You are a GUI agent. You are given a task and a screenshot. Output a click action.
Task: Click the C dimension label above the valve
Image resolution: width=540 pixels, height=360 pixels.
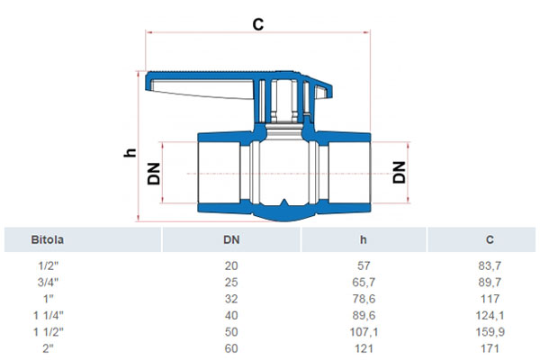coord(258,24)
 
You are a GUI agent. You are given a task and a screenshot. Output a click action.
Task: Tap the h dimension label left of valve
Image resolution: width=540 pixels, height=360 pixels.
coord(130,152)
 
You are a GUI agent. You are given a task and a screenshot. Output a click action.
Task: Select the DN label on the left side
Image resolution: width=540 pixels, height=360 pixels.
coord(154,174)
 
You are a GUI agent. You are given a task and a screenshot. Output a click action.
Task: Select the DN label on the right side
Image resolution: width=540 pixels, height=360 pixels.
coord(400,172)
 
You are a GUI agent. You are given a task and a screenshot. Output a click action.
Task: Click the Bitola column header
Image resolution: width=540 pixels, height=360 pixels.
coord(48,239)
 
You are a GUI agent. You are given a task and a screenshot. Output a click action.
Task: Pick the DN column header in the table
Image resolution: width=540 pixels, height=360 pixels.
coord(231,239)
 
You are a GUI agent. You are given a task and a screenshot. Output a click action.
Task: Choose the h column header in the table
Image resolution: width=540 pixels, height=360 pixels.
coord(364,239)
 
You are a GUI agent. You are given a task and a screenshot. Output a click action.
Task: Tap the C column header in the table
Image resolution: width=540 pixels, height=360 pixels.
coord(490,239)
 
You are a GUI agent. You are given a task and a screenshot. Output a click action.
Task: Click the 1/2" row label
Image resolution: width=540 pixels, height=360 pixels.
coord(48,265)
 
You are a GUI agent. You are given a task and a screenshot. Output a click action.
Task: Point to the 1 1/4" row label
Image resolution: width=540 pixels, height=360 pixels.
coord(49,315)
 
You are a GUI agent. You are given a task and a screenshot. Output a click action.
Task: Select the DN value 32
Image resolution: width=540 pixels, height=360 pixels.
coord(231,299)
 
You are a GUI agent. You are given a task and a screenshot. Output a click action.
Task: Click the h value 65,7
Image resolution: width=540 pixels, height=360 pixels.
coord(364,282)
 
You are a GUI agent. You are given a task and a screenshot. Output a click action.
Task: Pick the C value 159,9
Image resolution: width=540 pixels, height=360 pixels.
coord(490,332)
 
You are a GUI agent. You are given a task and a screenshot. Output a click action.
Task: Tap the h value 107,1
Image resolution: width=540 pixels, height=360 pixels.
coord(364,332)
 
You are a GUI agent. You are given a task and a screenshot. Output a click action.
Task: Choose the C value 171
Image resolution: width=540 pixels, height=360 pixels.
coord(490,348)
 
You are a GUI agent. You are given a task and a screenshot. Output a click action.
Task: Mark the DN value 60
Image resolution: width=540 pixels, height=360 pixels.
coord(231,348)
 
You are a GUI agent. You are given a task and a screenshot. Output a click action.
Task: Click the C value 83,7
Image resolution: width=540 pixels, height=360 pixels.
coord(490,265)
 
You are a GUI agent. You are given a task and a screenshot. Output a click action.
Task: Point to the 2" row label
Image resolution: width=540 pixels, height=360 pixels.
coord(49,348)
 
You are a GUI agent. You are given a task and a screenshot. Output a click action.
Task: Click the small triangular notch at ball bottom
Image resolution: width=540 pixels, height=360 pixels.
coord(283,203)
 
